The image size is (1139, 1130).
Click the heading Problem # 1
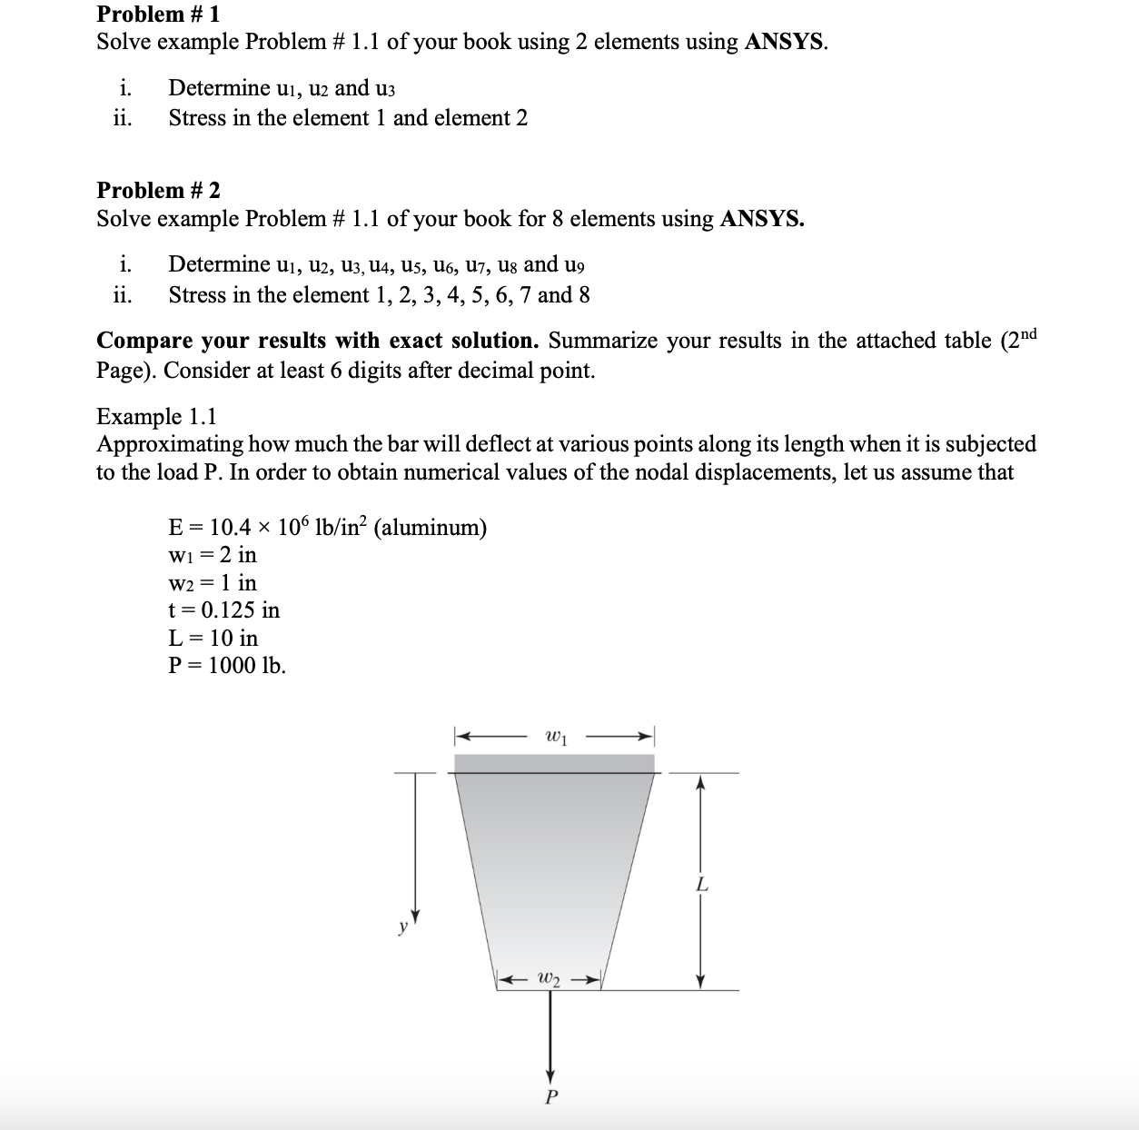[158, 14]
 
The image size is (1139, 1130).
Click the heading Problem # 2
[158, 190]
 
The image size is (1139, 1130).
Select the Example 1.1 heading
[156, 416]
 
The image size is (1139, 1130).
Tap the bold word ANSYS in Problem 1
[785, 42]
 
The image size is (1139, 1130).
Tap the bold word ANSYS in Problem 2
[761, 219]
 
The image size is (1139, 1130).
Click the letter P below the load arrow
[550, 1097]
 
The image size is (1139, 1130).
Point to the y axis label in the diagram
[400, 927]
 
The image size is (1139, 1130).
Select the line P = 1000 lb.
[227, 666]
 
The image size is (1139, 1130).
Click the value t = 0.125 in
[224, 610]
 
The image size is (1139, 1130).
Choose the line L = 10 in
[213, 638]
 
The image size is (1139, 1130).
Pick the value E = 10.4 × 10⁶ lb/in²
[267, 528]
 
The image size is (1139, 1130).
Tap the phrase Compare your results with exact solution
[318, 341]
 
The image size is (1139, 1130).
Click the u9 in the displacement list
[574, 265]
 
